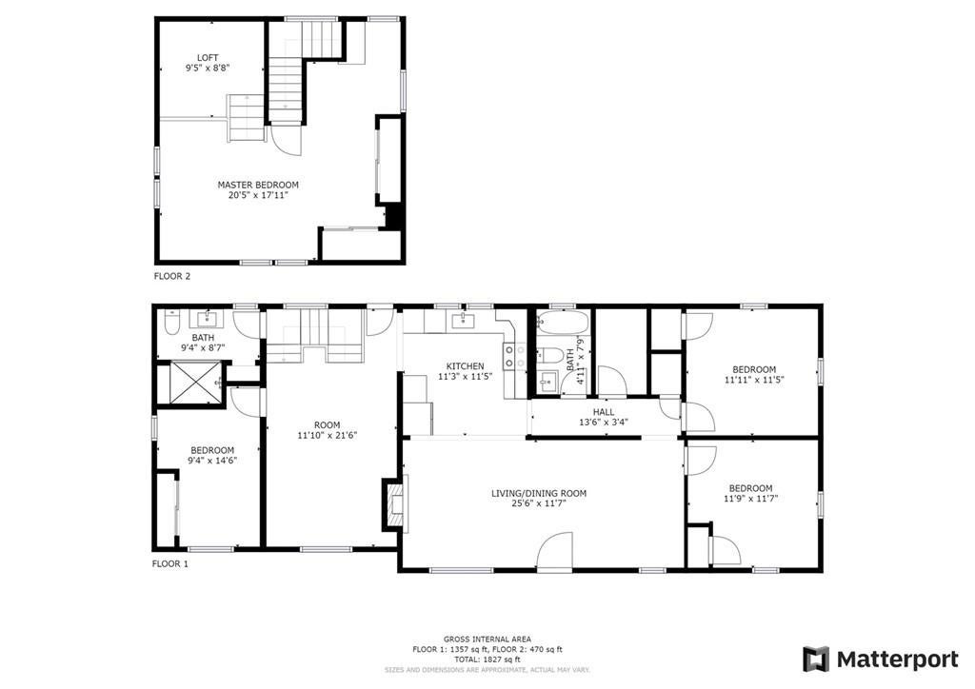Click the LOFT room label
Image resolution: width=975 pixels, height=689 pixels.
(x=208, y=58)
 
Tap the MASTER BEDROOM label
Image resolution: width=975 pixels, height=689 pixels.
(x=258, y=185)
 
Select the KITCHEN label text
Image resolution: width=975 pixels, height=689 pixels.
(x=465, y=366)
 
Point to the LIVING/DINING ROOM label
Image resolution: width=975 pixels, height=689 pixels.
(x=539, y=493)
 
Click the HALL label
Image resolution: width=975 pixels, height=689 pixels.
(x=603, y=412)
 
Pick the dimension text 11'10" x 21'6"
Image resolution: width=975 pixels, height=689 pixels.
(x=328, y=436)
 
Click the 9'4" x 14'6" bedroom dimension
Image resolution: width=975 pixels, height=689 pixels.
(x=212, y=461)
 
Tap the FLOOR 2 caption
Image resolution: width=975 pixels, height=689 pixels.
(x=172, y=277)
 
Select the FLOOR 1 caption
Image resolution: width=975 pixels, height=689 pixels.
(x=170, y=564)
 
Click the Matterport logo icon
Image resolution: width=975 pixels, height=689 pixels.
(x=816, y=659)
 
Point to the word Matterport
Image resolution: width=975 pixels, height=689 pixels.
(x=897, y=659)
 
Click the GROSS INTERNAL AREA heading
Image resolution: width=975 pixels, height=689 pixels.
(x=487, y=640)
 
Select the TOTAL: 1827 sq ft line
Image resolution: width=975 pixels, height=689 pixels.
(x=487, y=659)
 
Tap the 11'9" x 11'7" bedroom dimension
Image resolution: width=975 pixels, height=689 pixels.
(x=751, y=499)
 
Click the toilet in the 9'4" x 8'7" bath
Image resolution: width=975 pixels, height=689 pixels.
(x=171, y=323)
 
